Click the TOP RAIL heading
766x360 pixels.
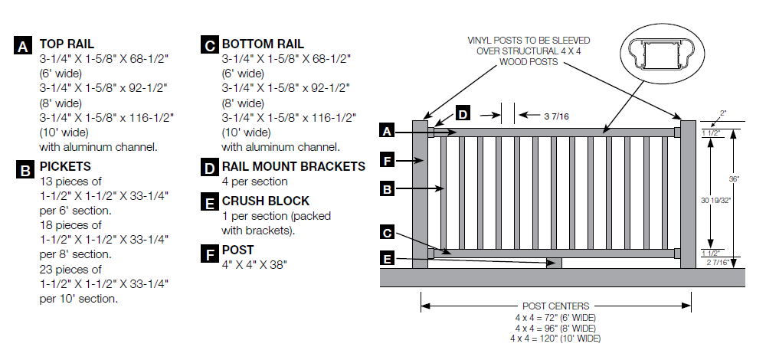coord(67,44)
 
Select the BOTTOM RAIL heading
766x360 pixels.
coord(263,44)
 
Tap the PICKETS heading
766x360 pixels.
coord(65,166)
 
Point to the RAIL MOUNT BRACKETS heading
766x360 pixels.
coord(293,166)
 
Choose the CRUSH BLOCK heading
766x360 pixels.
coord(266,201)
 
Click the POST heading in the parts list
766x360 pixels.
coord(237,250)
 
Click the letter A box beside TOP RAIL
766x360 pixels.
coord(24,45)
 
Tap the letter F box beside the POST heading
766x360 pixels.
coord(208,252)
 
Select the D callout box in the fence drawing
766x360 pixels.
coord(463,114)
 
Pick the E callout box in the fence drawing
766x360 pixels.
coord(389,260)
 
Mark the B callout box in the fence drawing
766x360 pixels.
coord(389,188)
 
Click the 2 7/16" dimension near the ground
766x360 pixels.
coord(712,263)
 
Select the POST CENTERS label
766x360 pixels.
coord(555,306)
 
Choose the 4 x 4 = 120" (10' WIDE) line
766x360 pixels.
coord(555,338)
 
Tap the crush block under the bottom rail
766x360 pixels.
coord(555,263)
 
